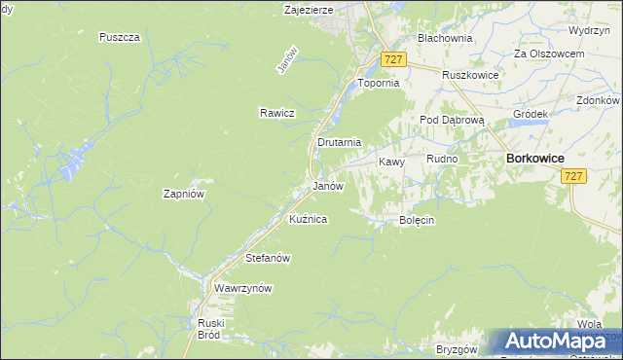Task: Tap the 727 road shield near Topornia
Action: (393, 60)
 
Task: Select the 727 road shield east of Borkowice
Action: (573, 175)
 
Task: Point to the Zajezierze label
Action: (309, 10)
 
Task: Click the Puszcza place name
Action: (121, 37)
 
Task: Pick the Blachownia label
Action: (444, 38)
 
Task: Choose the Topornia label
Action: (380, 84)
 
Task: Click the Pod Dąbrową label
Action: (445, 120)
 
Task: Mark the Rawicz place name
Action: (276, 113)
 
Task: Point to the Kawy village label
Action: (391, 162)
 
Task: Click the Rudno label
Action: (442, 159)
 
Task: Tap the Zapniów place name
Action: (183, 194)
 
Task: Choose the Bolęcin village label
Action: (417, 221)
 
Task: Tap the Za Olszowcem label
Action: (549, 54)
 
